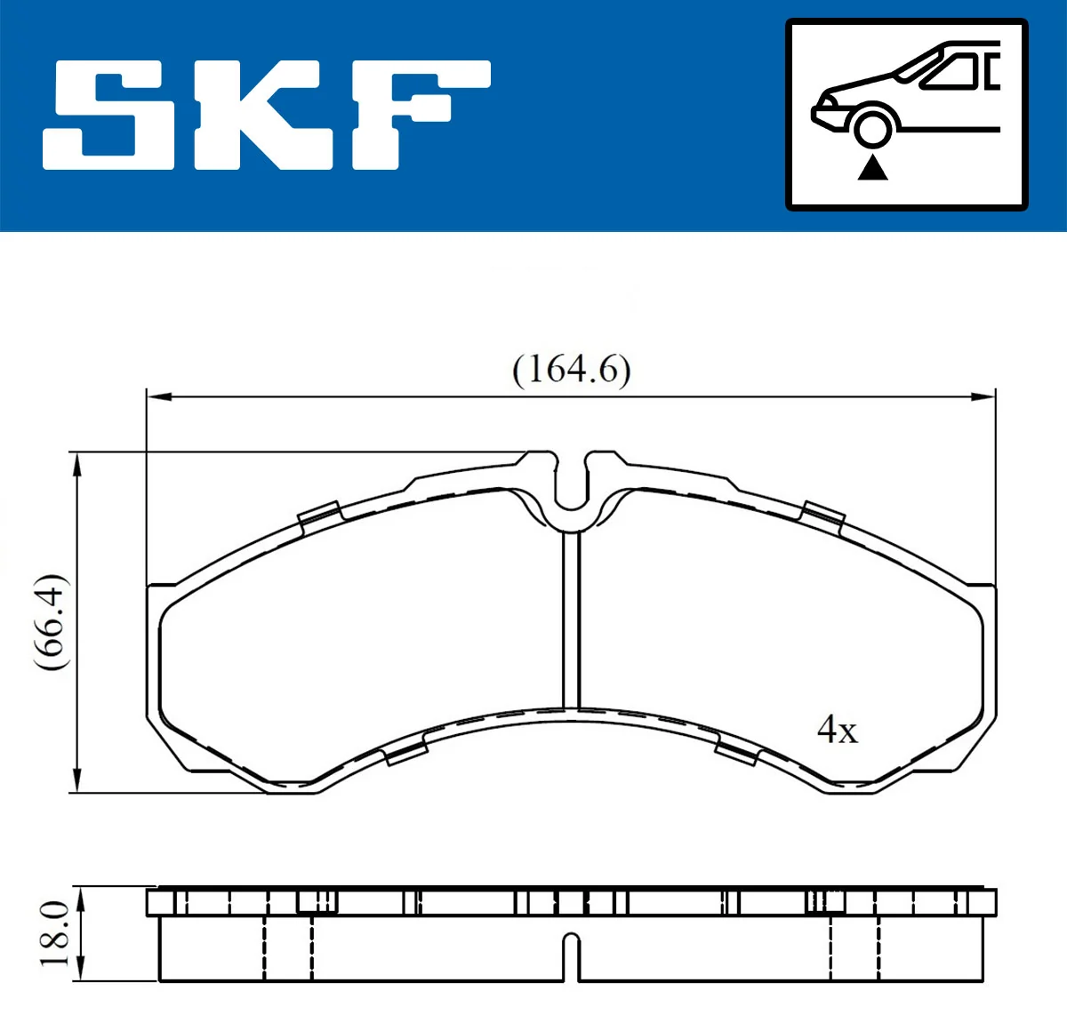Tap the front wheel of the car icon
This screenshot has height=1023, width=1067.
point(872,125)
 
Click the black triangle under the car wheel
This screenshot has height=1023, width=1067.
point(872,167)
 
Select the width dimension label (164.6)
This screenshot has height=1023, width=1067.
point(572,369)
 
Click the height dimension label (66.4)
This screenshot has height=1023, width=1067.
point(52,622)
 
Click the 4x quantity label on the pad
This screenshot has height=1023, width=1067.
point(837,730)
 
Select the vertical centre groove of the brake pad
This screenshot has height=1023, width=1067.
point(571,622)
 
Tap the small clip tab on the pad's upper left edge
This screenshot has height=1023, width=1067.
point(319,515)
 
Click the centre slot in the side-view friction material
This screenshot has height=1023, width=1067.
point(572,955)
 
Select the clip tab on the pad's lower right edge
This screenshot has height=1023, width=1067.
point(735,752)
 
